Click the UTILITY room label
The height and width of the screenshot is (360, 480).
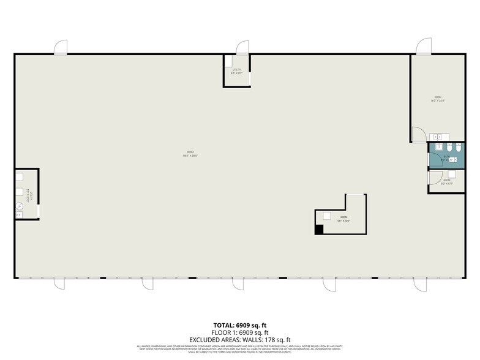(237, 71)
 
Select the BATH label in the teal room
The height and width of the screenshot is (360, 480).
(446, 156)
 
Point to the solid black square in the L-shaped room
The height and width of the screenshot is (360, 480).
(319, 230)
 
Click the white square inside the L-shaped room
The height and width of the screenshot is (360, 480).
(328, 216)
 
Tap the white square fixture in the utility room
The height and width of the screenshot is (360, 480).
(228, 61)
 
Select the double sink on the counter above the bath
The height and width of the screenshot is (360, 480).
(439, 137)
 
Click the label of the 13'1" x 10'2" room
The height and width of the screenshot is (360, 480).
(343, 219)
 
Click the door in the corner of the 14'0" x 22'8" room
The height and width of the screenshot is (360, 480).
(416, 134)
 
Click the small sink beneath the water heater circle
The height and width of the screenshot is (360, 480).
(19, 214)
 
